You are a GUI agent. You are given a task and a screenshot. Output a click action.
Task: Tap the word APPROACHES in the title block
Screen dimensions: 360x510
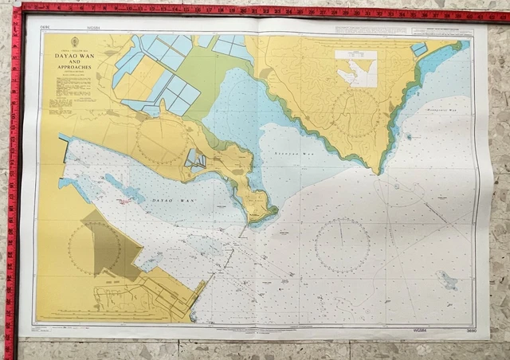(x=73, y=70)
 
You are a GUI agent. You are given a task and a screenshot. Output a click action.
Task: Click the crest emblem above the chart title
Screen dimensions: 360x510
(x=74, y=42)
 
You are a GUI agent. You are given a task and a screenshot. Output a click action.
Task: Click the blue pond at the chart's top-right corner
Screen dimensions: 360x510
(x=418, y=49)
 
